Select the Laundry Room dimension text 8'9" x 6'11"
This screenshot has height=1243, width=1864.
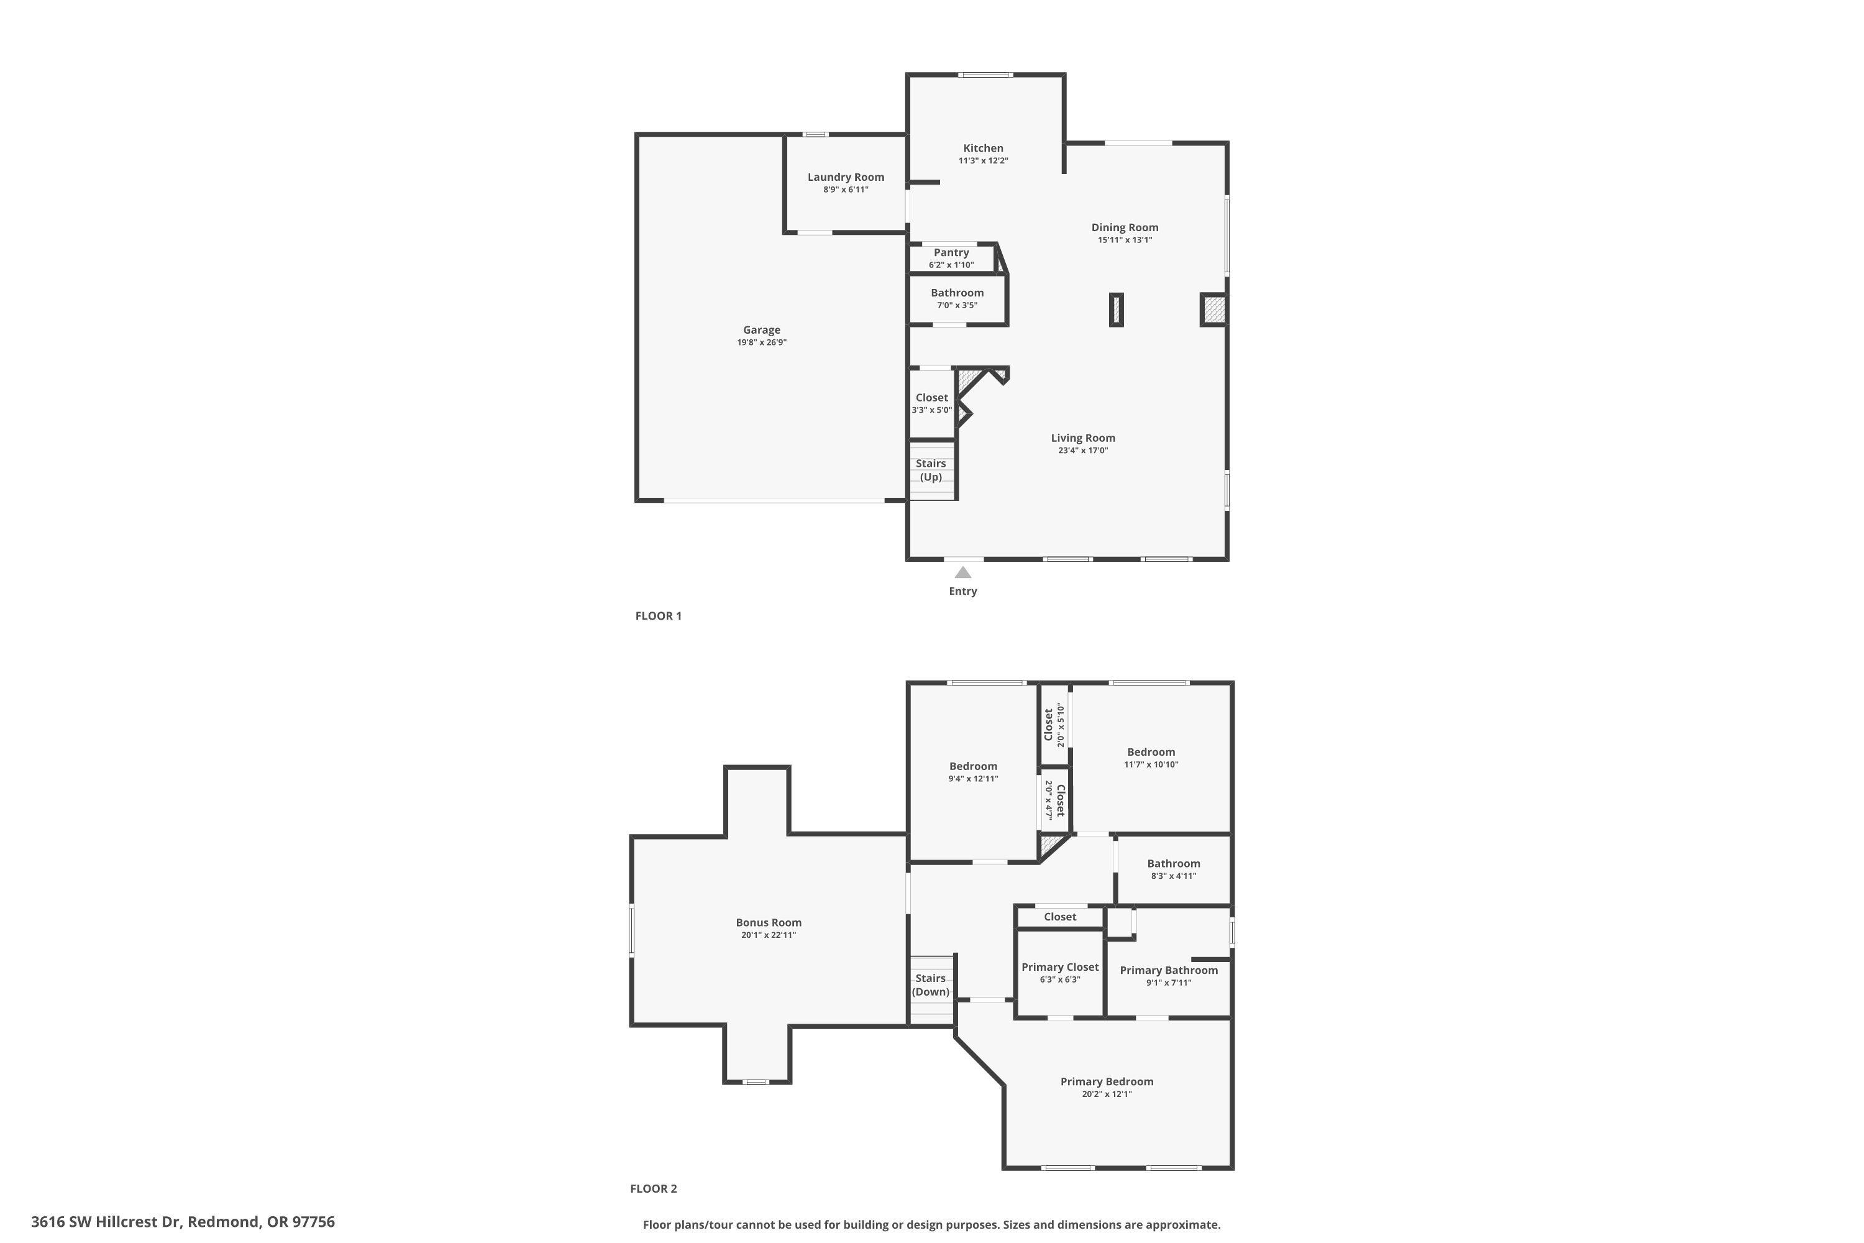[846, 190]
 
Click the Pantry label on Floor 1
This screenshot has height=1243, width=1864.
[951, 252]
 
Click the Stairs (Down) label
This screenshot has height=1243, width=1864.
[930, 984]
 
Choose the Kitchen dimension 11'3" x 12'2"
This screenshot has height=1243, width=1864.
[983, 161]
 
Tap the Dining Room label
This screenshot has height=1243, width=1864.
[1125, 227]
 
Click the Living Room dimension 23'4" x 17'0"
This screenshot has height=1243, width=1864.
[1082, 450]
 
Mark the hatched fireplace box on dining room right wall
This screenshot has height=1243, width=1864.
[1213, 309]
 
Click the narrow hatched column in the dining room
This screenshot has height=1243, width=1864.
[1116, 309]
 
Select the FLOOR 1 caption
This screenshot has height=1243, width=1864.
[658, 616]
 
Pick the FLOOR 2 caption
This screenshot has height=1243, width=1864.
[653, 1188]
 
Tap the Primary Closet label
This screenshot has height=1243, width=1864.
[1059, 967]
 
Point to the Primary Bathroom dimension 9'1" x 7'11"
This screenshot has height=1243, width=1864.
[1168, 983]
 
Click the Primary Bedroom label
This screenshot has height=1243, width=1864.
[1107, 1081]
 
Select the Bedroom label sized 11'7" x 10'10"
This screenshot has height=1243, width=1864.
[1151, 752]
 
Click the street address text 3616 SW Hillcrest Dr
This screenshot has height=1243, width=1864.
[106, 1222]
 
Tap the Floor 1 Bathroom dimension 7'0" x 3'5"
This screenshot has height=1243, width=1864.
[957, 305]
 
